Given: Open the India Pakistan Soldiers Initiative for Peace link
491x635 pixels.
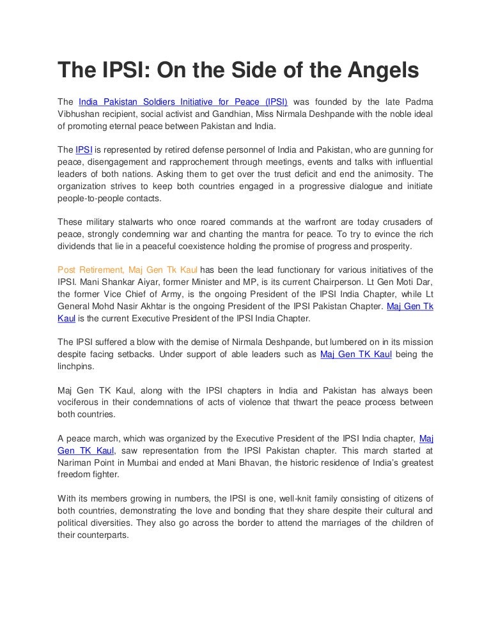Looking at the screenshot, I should [183, 102].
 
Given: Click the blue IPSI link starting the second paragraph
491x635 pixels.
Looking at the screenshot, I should [84, 149].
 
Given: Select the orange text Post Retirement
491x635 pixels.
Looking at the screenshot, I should [90, 270].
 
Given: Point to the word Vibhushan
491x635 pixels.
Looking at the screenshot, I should [81, 114].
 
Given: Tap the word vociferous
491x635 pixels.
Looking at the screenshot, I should [79, 402].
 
